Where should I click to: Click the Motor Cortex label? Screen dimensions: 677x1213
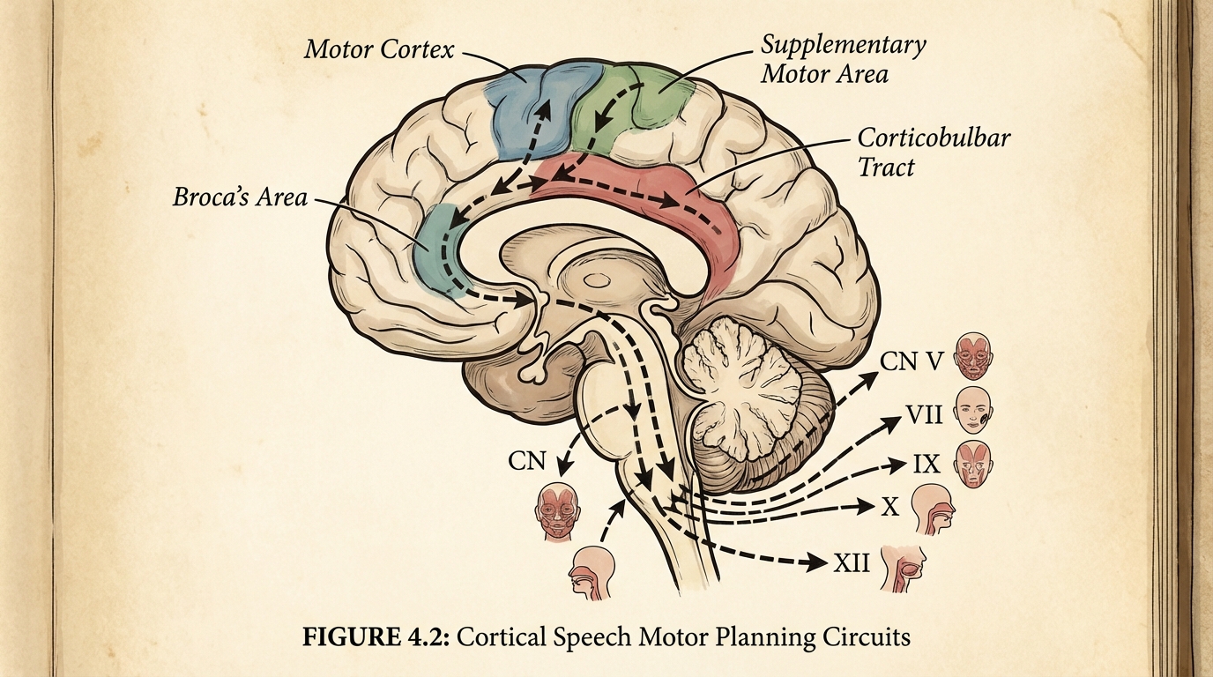coord(379,48)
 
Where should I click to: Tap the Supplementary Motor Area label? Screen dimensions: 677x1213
coord(842,58)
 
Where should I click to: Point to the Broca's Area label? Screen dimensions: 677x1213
coord(240,197)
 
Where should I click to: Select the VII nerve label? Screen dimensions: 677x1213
coord(924,414)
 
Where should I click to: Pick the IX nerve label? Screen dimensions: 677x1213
coord(926,462)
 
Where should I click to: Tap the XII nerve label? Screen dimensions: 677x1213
coord(852,561)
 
